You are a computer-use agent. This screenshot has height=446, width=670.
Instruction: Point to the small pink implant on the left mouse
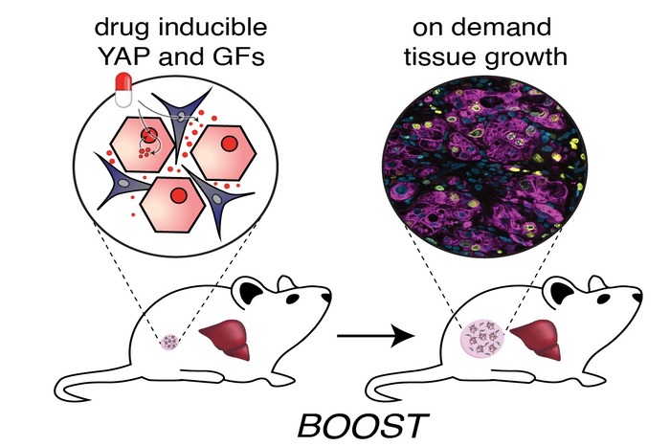[173, 340]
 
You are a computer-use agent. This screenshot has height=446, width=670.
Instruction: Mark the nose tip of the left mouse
[330, 298]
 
